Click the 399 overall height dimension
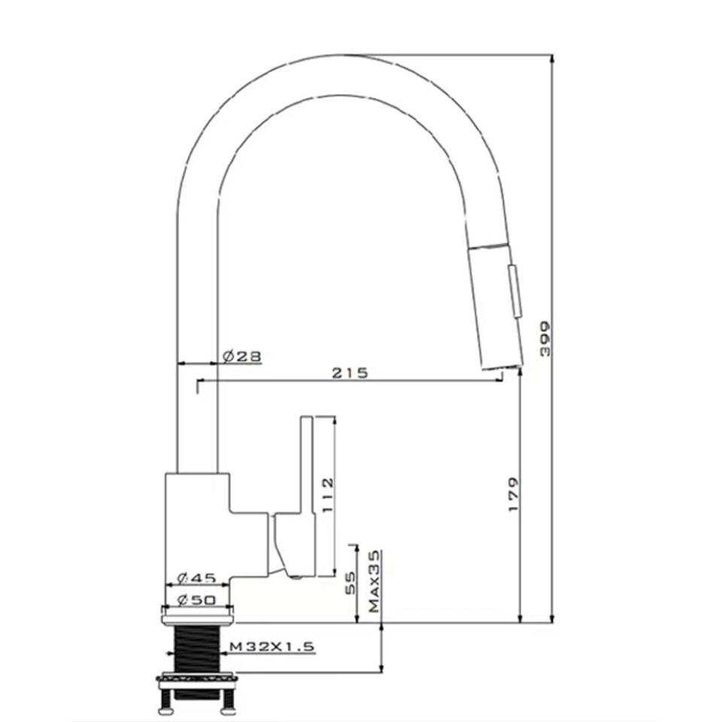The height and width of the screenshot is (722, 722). (545, 339)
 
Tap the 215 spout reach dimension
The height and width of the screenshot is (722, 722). (350, 372)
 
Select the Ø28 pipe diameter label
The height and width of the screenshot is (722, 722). (242, 356)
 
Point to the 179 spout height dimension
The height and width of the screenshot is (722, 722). (514, 494)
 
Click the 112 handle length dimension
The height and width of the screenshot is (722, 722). (327, 496)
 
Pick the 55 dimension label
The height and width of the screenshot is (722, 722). (350, 583)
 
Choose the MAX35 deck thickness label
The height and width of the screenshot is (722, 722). (375, 581)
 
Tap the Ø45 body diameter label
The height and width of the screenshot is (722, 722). (196, 578)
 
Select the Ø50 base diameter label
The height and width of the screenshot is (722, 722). (196, 600)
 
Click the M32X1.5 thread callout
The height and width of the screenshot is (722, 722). (272, 647)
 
